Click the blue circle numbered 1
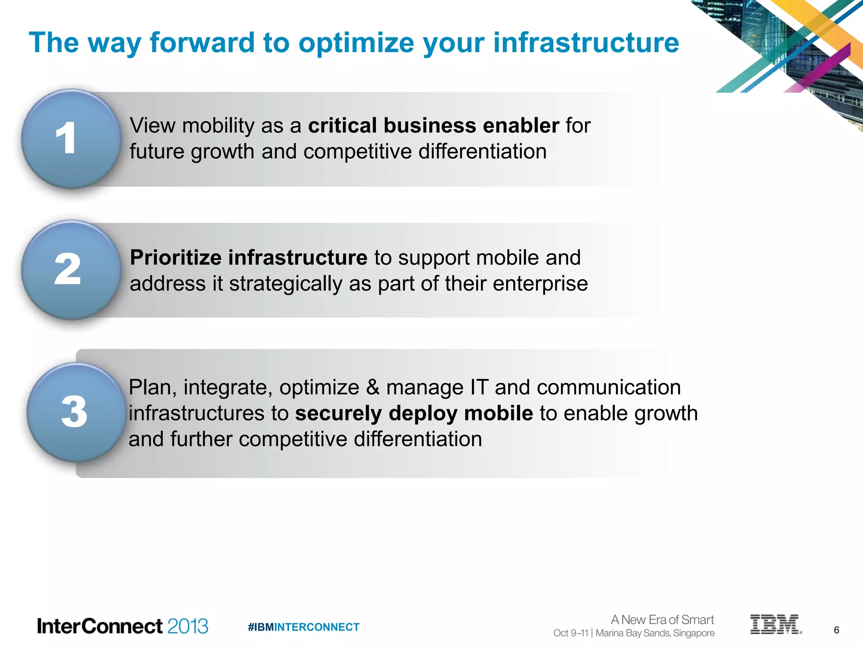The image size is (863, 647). click(71, 139)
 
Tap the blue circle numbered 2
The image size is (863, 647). click(71, 270)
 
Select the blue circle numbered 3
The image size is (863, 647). click(76, 412)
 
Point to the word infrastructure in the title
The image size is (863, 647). click(586, 43)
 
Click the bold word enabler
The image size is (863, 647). click(521, 126)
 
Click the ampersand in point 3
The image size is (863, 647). click(373, 387)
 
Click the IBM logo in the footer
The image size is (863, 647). click(775, 624)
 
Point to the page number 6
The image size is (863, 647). click(836, 630)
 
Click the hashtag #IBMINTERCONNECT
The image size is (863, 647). click(303, 627)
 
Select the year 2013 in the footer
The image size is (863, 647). click(188, 626)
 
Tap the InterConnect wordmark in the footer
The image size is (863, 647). click(100, 626)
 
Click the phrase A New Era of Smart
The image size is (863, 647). click(662, 620)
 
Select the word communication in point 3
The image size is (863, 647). click(608, 387)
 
